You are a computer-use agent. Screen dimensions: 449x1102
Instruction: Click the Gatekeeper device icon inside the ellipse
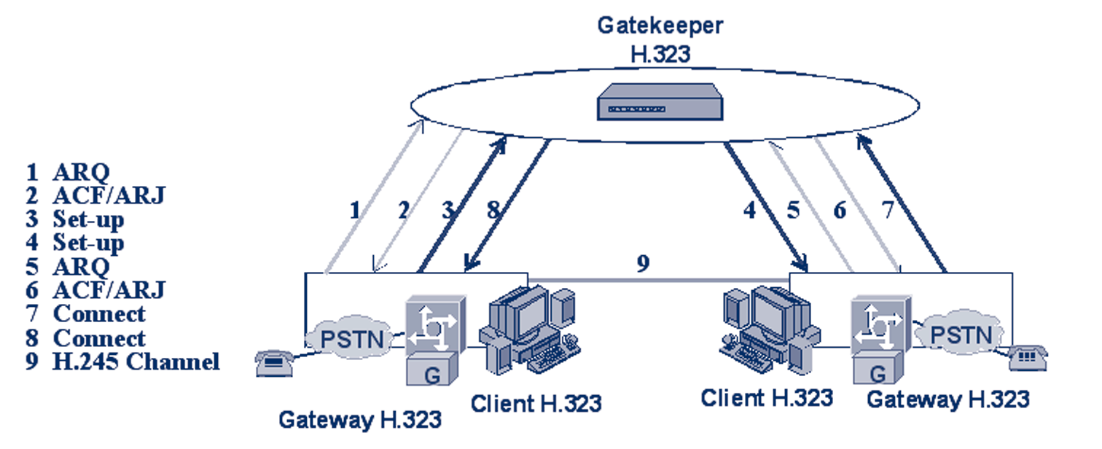tap(660, 104)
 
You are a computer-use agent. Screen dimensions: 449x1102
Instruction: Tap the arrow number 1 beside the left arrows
tap(355, 211)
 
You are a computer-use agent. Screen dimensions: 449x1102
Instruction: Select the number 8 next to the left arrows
tap(493, 211)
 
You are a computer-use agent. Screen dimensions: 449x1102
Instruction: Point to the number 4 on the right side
tap(749, 211)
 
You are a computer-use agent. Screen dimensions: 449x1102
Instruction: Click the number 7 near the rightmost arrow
tap(887, 211)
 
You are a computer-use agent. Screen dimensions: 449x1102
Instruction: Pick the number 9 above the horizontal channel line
tap(643, 263)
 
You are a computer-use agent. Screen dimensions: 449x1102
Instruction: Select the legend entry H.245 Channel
tap(136, 362)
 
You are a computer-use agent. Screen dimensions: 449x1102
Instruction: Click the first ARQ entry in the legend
tap(80, 172)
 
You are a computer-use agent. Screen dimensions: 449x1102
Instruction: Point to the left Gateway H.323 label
tap(360, 420)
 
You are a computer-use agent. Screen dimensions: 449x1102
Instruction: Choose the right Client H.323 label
tap(767, 398)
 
